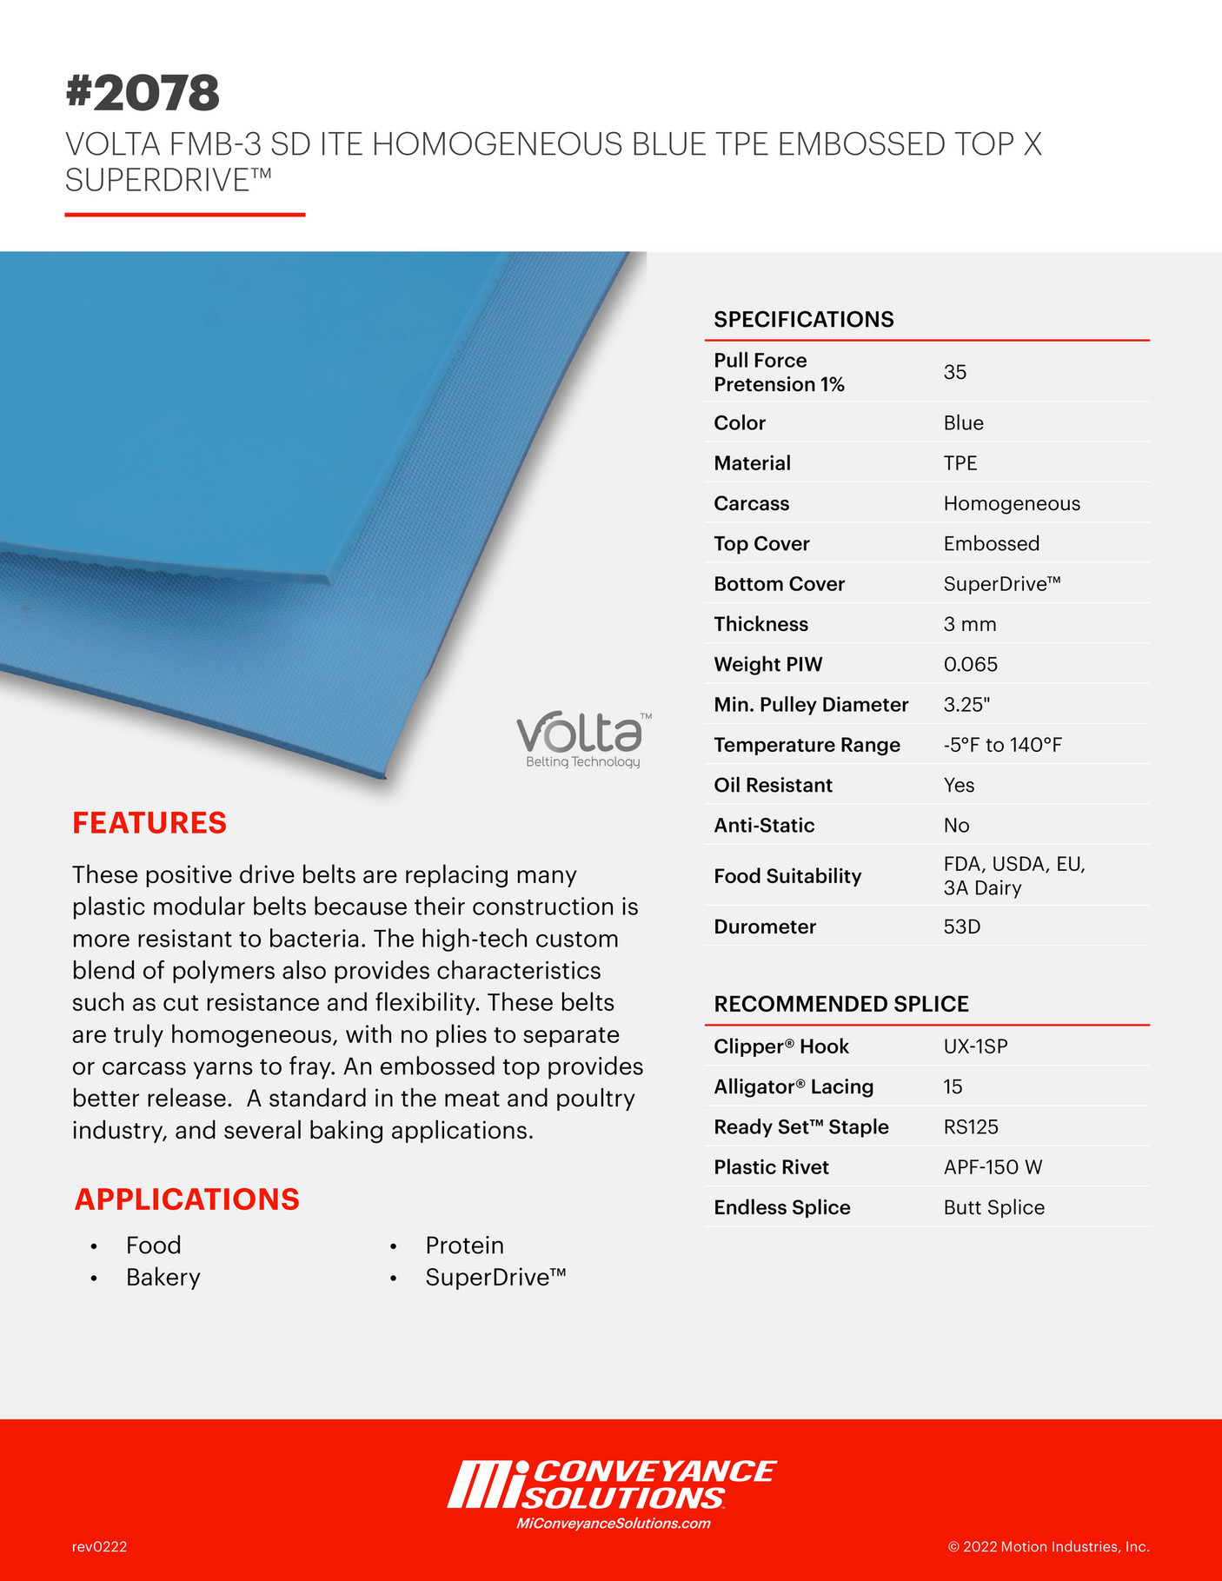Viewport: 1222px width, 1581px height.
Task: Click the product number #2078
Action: (x=143, y=93)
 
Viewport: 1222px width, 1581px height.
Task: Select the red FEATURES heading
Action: (x=149, y=822)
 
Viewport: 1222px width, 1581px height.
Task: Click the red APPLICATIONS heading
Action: (x=187, y=1199)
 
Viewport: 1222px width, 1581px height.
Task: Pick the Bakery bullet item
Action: (x=163, y=1277)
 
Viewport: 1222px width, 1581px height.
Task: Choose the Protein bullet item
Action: (x=464, y=1245)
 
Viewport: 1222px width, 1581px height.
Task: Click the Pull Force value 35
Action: (x=954, y=372)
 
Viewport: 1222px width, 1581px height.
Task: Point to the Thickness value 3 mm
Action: (x=970, y=624)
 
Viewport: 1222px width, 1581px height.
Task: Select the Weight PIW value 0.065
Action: (x=970, y=664)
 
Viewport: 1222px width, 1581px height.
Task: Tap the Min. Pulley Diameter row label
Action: (x=811, y=704)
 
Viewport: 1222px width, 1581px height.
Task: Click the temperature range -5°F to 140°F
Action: (x=1002, y=745)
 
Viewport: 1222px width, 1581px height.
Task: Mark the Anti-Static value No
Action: (x=956, y=825)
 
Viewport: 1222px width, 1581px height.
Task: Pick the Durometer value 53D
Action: (x=961, y=927)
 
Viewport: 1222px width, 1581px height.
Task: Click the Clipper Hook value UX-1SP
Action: (x=975, y=1046)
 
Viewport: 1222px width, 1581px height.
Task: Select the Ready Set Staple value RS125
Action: (x=971, y=1126)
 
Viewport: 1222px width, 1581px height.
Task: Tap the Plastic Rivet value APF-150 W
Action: (x=993, y=1166)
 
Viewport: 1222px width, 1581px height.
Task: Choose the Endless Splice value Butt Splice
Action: (x=993, y=1207)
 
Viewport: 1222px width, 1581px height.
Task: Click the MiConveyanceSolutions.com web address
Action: (x=613, y=1523)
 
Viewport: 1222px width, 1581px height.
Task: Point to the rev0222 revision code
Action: (x=99, y=1546)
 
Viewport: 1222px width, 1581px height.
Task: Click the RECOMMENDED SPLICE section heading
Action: (x=840, y=1004)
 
